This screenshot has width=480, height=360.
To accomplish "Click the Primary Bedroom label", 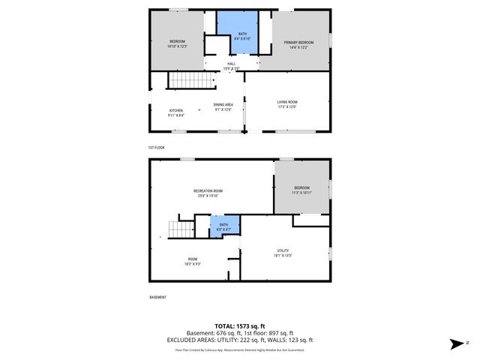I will (x=298, y=43).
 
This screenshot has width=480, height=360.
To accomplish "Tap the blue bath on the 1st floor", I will (x=243, y=34).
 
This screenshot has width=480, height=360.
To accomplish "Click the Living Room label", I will (x=288, y=103).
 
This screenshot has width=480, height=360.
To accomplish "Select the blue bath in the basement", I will (x=223, y=226).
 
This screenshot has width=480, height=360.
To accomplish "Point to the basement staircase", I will (x=179, y=229).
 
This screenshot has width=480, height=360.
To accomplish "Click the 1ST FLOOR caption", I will (x=157, y=148).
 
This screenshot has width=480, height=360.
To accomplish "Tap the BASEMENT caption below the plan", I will (x=157, y=298).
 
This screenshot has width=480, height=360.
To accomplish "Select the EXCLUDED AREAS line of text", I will (x=239, y=340).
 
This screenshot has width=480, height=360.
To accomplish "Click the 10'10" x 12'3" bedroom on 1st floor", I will (x=177, y=43).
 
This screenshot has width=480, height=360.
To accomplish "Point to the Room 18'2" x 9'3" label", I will (x=193, y=262).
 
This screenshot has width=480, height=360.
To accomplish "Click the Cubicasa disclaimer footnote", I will (x=239, y=349).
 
